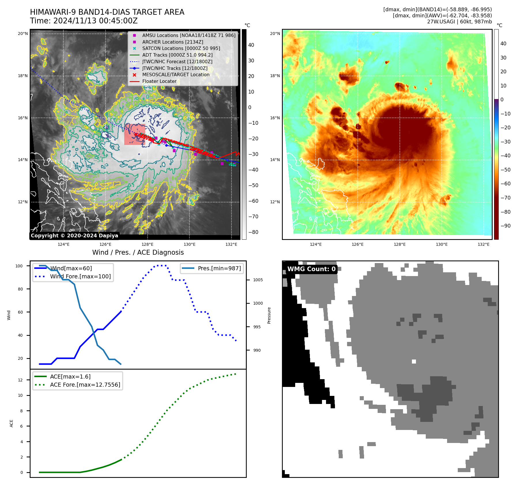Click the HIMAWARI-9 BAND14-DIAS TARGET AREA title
point(107,12)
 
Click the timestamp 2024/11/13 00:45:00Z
point(95,21)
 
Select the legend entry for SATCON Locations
point(181,49)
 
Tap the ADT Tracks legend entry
point(177,55)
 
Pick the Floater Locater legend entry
point(159,81)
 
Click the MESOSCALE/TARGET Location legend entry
point(176,75)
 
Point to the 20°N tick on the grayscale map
point(23,34)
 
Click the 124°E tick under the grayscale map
point(63,245)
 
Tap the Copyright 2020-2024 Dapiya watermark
point(74,236)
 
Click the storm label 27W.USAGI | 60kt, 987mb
point(459,22)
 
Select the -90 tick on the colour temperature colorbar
point(505,226)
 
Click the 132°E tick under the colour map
point(483,245)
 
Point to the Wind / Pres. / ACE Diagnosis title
point(138,253)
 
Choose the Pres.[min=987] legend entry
point(219,268)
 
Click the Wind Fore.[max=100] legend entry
point(80,276)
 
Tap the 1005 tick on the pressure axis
point(258,280)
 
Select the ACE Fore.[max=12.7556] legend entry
point(85,385)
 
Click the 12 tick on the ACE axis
point(20,380)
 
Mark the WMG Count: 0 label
point(311,269)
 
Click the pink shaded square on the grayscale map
point(134,134)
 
